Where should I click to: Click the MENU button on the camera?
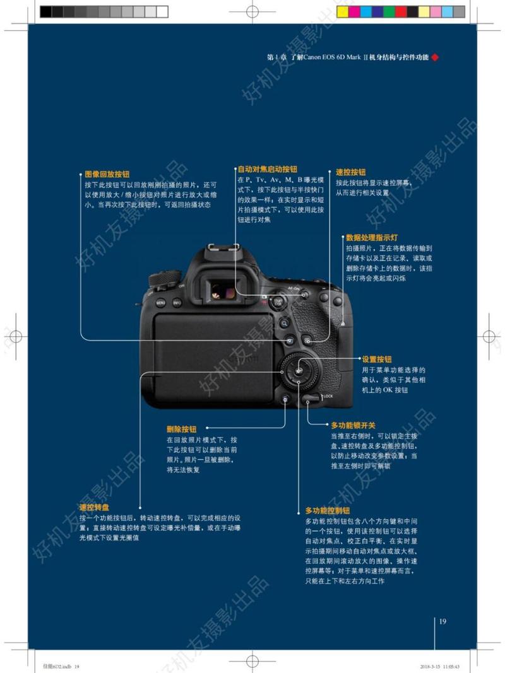[161, 303]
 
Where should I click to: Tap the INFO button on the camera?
[177, 303]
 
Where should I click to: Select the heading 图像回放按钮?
[107, 173]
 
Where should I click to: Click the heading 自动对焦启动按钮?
[267, 169]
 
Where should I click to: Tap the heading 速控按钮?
[350, 172]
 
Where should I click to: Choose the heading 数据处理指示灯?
[371, 238]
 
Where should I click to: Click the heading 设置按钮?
[377, 358]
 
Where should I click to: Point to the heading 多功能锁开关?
[353, 425]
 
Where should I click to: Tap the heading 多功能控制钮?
[328, 510]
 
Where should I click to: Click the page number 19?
[443, 622]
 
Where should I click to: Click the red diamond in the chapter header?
[434, 57]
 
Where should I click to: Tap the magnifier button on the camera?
[285, 323]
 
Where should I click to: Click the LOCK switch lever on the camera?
[311, 398]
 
